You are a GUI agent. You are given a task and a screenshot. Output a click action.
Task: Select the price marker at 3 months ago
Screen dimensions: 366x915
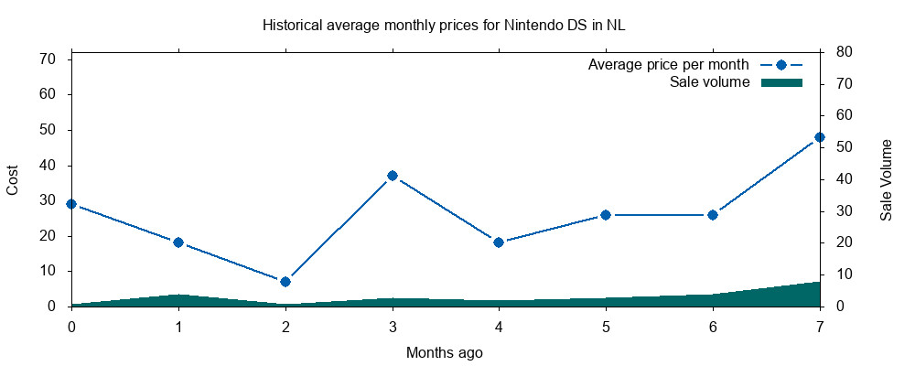(x=393, y=176)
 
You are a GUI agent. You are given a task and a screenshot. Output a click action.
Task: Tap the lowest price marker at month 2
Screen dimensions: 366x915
(x=285, y=282)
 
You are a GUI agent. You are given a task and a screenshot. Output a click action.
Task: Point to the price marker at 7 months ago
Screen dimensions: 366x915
(x=820, y=137)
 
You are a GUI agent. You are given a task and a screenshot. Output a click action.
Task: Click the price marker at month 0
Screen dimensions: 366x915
(x=71, y=204)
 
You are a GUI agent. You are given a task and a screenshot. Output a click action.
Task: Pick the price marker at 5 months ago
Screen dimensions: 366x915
(x=606, y=215)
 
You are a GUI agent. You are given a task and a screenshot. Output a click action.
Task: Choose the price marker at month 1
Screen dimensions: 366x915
(x=178, y=242)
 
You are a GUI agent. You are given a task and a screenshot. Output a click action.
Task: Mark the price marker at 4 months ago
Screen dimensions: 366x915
(x=499, y=242)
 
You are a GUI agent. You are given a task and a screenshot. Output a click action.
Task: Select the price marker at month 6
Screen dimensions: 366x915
(x=713, y=215)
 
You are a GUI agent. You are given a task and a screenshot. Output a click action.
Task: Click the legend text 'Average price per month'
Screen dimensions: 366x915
(x=669, y=65)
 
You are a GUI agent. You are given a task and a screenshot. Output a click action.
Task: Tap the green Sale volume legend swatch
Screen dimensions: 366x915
(x=781, y=82)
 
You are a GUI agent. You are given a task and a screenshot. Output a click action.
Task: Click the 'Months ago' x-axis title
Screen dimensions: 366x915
(x=445, y=351)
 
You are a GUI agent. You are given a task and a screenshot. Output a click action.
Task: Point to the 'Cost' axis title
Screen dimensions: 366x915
(x=13, y=179)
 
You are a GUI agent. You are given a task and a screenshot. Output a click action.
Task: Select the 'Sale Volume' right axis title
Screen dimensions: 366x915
(x=887, y=179)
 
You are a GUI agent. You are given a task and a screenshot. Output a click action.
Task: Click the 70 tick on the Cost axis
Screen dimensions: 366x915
(x=48, y=59)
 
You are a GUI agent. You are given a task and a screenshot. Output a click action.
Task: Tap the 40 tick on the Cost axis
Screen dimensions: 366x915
(x=48, y=166)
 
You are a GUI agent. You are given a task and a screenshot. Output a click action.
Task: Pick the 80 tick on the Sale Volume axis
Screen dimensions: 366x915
(x=838, y=52)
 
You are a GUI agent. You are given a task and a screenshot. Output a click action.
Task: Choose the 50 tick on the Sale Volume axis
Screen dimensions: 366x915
(x=838, y=147)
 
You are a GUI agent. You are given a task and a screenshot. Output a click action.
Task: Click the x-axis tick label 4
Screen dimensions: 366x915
(x=499, y=326)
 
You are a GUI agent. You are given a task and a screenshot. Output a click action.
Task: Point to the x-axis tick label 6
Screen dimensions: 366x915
(x=713, y=326)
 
